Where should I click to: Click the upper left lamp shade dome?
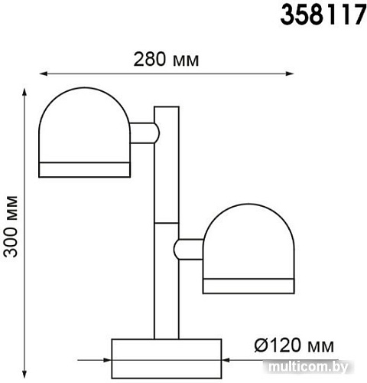tap(83, 126)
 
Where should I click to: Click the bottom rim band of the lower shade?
tap(248, 287)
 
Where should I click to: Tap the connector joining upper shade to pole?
tap(143, 133)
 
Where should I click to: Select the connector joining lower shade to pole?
tap(189, 250)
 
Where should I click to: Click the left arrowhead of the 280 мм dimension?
tap(43, 74)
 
